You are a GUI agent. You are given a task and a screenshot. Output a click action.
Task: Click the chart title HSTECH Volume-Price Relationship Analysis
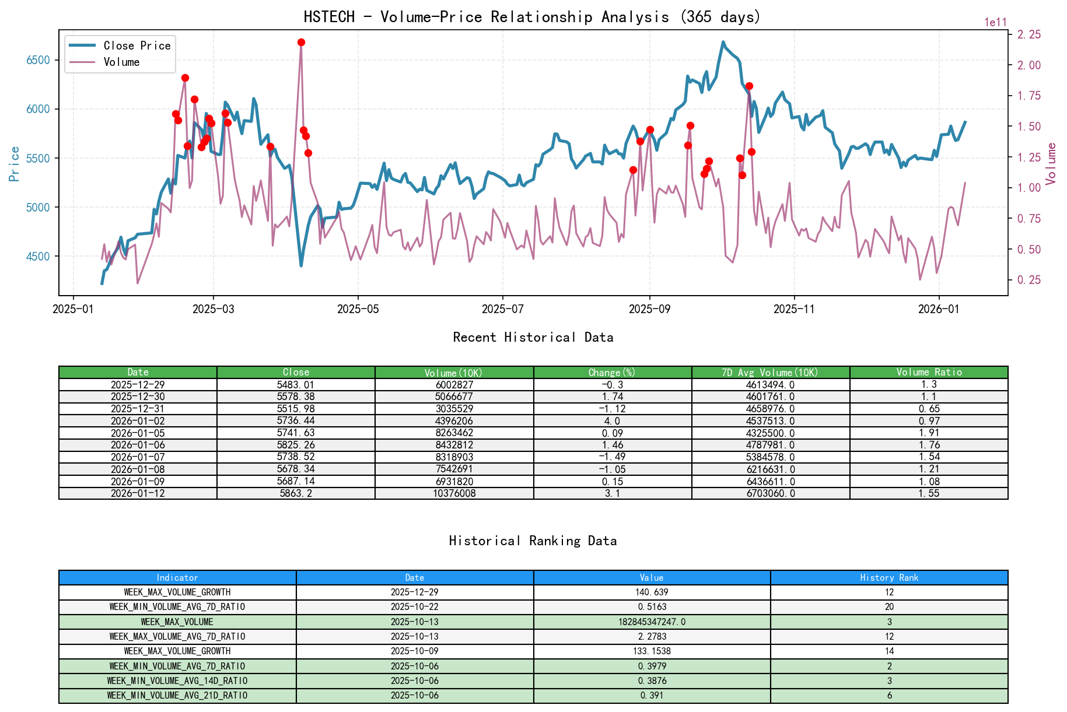(532, 17)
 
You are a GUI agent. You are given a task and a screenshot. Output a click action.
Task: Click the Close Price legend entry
(137, 45)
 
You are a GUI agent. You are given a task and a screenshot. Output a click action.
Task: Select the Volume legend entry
(121, 62)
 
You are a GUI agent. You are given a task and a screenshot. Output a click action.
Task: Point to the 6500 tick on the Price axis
(38, 60)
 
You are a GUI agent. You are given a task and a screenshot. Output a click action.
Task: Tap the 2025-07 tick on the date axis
(502, 308)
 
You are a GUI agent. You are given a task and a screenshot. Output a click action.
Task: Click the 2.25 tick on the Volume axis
(1029, 34)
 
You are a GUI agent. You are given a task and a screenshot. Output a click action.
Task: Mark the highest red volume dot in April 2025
(301, 43)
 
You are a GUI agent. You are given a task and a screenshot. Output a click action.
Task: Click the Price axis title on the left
(15, 164)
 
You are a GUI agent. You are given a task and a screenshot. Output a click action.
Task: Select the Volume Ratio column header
(929, 372)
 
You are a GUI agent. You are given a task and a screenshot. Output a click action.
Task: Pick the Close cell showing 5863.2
(296, 493)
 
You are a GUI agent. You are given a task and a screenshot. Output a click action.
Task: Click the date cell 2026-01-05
(138, 433)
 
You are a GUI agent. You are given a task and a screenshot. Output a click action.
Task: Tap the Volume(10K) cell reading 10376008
(454, 493)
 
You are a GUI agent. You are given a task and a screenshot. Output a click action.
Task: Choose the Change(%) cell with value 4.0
(612, 421)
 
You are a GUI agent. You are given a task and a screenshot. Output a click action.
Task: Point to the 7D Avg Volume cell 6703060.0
(770, 493)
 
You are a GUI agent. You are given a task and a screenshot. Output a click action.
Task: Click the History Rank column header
(889, 577)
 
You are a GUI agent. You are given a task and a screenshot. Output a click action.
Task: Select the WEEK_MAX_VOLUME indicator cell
(177, 622)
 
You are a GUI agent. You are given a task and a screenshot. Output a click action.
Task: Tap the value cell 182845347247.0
(652, 622)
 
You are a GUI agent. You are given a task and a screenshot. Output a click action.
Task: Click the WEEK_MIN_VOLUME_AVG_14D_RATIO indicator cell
(177, 681)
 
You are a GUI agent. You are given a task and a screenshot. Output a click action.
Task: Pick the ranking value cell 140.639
(652, 592)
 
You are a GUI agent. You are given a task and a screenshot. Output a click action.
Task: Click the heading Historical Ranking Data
(533, 541)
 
